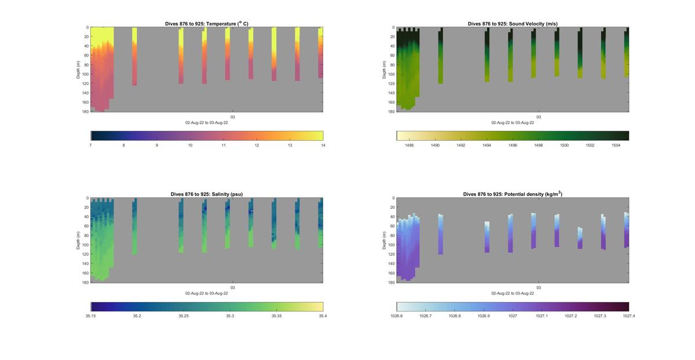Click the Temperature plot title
207,24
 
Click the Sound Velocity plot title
513,24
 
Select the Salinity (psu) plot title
207,194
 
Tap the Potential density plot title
513,194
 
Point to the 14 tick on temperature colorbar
323,145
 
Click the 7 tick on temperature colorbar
91,145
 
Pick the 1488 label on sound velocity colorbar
409,145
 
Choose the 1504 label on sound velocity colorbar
616,145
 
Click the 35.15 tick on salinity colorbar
91,316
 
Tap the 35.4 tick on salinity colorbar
323,316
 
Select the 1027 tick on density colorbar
513,316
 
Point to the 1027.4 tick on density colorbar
628,316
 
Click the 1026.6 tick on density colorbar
397,316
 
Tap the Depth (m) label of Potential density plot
384,240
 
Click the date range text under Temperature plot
207,123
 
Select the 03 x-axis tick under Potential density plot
539,288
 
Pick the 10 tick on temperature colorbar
190,145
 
